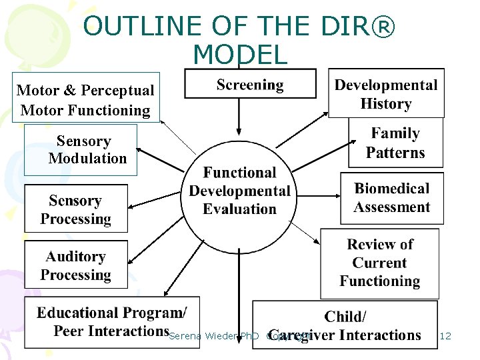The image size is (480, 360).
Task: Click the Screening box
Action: (x=250, y=85)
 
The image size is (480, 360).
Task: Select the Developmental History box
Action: (x=386, y=94)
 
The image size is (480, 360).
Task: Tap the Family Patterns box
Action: (x=395, y=143)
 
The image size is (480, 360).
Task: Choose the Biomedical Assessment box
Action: (x=391, y=198)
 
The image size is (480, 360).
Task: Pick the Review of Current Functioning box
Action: (x=379, y=263)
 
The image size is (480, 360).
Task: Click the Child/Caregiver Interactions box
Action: (x=345, y=325)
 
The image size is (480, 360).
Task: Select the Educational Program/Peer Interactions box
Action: (x=111, y=322)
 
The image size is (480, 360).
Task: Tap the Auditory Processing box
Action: (x=75, y=265)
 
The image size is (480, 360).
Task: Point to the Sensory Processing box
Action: (x=75, y=209)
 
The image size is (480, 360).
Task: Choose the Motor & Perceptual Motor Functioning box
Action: (x=85, y=100)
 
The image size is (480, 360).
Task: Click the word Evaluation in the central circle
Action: (x=239, y=209)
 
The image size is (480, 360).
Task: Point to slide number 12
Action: (x=445, y=336)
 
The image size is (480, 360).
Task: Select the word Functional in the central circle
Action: (x=239, y=173)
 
